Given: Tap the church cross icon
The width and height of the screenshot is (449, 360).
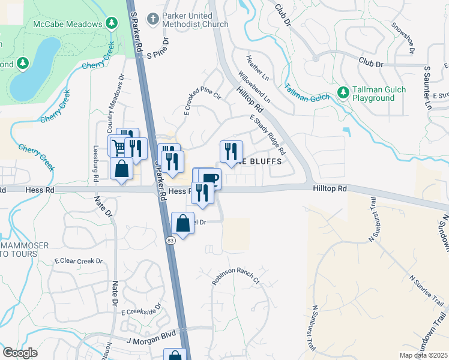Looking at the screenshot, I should [153, 19].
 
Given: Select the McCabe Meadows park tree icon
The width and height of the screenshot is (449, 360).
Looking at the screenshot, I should [111, 23].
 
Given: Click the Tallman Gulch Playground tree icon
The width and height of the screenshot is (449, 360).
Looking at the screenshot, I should [343, 92].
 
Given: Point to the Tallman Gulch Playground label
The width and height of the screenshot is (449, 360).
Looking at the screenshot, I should [379, 94].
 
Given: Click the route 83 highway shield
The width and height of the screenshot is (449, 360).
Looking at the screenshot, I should [170, 240].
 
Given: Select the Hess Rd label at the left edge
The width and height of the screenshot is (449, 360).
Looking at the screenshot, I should [40, 189].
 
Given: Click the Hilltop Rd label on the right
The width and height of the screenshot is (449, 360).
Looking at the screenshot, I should [330, 188].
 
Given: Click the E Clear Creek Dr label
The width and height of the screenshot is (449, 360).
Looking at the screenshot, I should [79, 261].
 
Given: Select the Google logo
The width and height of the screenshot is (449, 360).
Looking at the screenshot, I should [20, 353].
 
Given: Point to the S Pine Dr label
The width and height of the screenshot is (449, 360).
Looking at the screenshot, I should [159, 53].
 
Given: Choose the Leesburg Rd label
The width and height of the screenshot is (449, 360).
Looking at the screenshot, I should [95, 162].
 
